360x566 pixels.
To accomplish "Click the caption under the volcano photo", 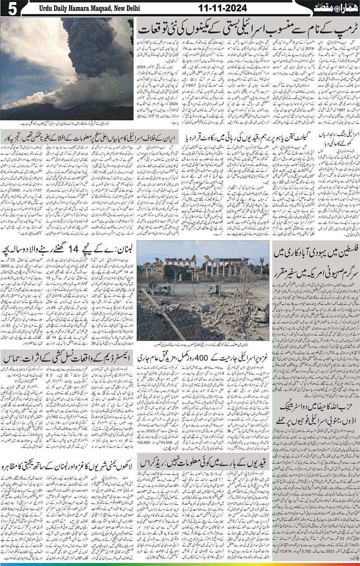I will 67,124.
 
